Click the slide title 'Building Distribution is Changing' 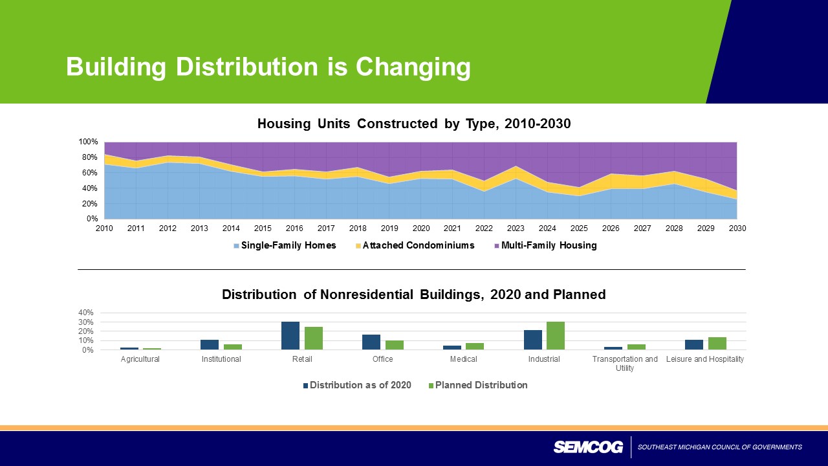(x=268, y=67)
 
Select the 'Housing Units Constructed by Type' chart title (x=414, y=124)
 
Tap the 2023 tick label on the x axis (x=516, y=228)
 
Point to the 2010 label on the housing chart (x=104, y=228)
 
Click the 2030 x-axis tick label (x=737, y=228)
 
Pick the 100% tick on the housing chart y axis (x=89, y=142)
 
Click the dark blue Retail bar (x=290, y=335)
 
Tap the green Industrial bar (x=556, y=335)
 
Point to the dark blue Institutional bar (x=210, y=344)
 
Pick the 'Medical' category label (x=463, y=359)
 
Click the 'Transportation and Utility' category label (x=625, y=363)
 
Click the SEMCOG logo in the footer (x=588, y=447)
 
